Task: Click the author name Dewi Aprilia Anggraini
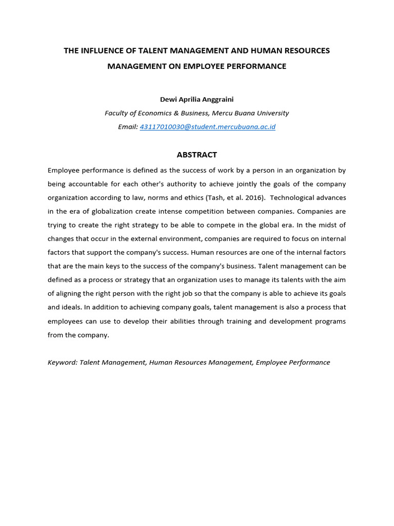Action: (x=196, y=99)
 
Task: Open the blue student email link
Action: (x=207, y=127)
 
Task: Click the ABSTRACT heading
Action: (x=196, y=155)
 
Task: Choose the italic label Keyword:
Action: (x=62, y=362)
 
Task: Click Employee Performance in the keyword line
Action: (x=292, y=362)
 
